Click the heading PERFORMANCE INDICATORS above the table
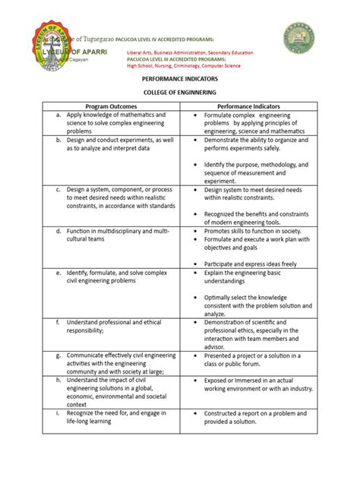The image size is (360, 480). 180,78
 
